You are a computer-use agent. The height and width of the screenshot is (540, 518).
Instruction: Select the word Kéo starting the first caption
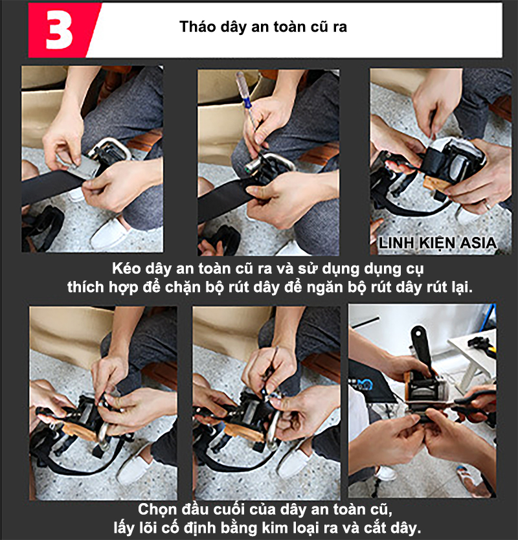pos(126,267)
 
